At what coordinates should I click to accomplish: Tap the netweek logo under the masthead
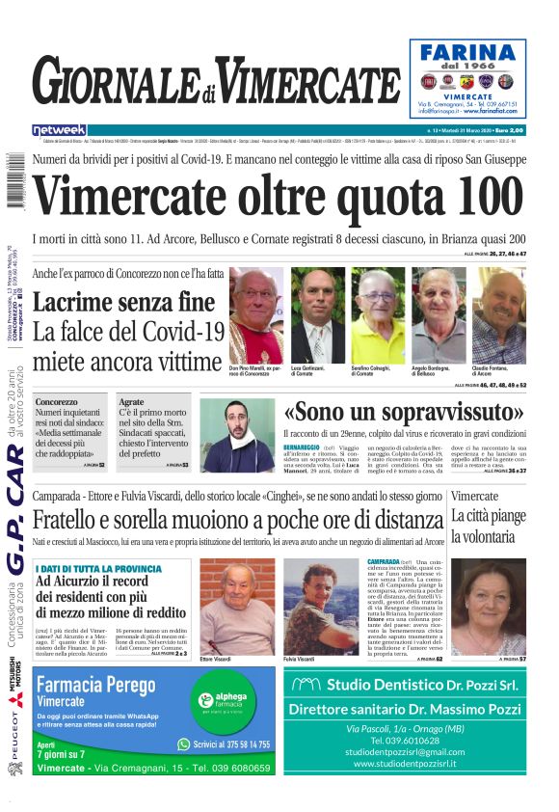coord(59,129)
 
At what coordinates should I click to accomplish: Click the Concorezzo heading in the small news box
coord(57,402)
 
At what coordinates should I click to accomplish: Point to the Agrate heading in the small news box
coord(131,402)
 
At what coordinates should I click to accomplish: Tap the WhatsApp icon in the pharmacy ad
coord(184,744)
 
